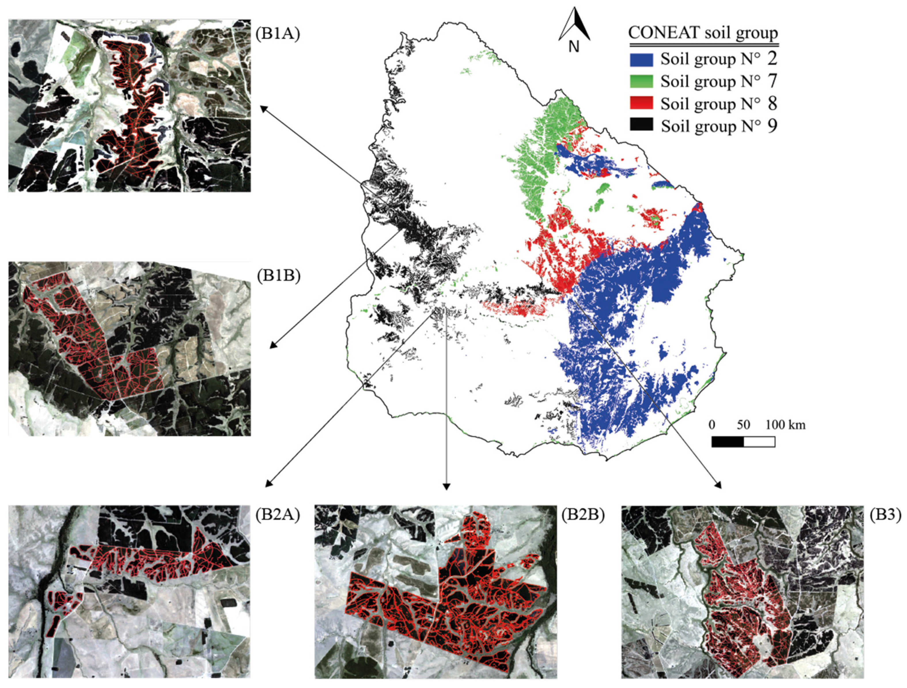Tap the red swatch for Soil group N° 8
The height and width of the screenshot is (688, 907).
coord(641,103)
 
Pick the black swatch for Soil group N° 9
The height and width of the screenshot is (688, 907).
coord(641,125)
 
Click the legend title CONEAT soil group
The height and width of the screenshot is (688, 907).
coord(703,33)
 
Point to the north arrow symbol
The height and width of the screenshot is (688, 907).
coord(574,25)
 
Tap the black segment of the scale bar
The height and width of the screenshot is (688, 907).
coord(727,442)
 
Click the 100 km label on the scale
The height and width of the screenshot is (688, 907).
coord(785,425)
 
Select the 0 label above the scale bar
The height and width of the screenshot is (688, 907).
coord(711,425)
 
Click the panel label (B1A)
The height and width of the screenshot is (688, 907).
coord(278,34)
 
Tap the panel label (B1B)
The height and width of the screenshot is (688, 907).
coord(279,276)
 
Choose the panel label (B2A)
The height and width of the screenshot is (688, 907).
coord(278,515)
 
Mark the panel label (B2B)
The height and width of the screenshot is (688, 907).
coord(583,515)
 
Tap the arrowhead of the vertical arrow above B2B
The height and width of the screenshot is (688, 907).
coord(446,486)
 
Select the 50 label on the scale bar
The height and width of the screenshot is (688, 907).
coord(743,425)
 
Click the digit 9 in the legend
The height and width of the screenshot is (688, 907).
coord(772,126)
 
